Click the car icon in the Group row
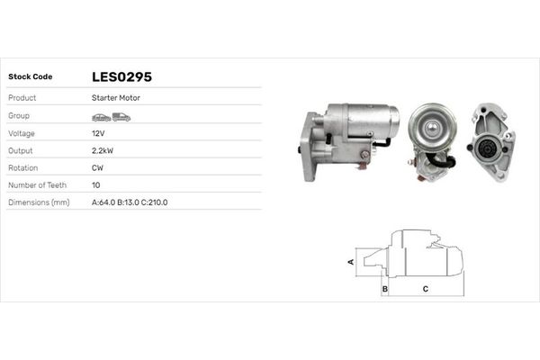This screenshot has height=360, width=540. [101, 116]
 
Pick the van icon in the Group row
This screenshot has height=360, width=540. [121, 116]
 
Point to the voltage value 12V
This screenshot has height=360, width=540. [98, 132]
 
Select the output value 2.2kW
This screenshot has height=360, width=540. [103, 149]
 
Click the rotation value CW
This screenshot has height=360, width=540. [98, 167]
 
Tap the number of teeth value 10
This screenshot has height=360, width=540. [96, 184]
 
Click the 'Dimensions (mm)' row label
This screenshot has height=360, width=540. [39, 202]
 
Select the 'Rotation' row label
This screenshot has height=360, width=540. [23, 167]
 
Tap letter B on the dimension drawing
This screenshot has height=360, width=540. [384, 289]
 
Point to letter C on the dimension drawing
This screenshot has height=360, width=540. [425, 289]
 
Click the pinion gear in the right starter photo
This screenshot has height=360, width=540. [487, 147]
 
